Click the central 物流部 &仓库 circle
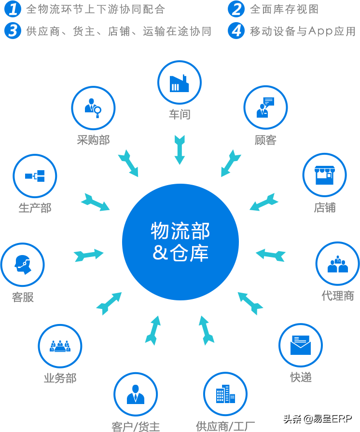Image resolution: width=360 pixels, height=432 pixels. [x=180, y=241]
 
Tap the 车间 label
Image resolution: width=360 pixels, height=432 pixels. [x=180, y=114]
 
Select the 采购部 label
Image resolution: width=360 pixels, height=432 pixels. [x=93, y=140]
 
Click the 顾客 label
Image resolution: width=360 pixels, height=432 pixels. [x=265, y=140]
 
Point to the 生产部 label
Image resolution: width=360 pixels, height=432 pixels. [x=35, y=208]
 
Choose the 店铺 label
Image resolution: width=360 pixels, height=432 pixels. [x=325, y=208]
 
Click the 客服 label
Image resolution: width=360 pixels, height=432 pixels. [x=23, y=297]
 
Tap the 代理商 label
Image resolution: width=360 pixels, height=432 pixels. [x=338, y=296]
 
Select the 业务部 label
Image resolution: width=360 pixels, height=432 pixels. [x=60, y=378]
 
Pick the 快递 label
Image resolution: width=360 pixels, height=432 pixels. [x=301, y=377]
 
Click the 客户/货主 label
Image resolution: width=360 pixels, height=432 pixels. [x=136, y=426]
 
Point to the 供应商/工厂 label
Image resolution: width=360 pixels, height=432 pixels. [x=225, y=426]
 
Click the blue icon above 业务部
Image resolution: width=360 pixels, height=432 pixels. [x=60, y=346]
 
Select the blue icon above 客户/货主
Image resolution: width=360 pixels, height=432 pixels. [x=137, y=394]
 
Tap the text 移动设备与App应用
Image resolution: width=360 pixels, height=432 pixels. [x=303, y=32]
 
